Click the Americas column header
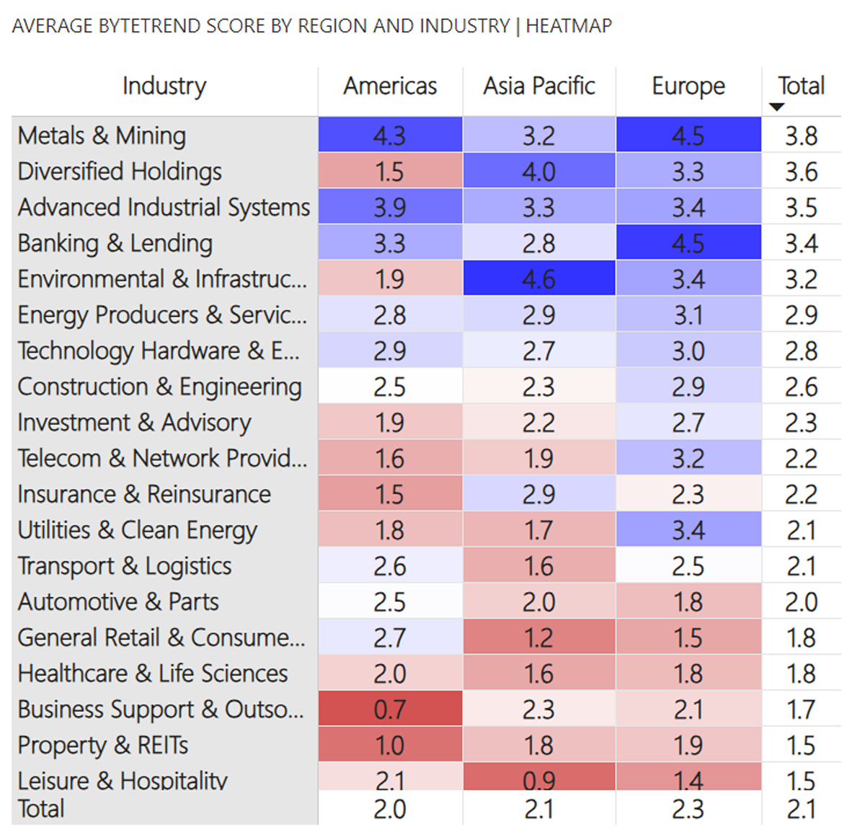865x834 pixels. (x=390, y=86)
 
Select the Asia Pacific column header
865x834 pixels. (x=539, y=86)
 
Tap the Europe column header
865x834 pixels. (x=688, y=86)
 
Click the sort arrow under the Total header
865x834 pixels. (x=776, y=107)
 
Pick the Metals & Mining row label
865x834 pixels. (x=102, y=135)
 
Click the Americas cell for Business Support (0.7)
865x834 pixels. (x=390, y=709)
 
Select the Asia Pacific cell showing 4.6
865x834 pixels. (x=539, y=279)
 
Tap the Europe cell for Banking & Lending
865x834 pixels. (x=688, y=243)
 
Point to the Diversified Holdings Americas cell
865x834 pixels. (x=390, y=171)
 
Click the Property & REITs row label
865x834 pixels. (x=103, y=745)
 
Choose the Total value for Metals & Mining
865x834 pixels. (x=801, y=135)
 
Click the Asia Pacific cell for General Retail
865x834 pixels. (x=539, y=637)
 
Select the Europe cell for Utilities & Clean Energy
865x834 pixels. (x=688, y=530)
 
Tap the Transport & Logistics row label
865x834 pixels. (x=125, y=566)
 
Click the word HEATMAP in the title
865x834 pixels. (x=569, y=26)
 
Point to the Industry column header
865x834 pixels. (x=164, y=86)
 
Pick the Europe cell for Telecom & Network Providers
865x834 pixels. (x=688, y=458)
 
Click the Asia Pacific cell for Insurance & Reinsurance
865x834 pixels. (x=539, y=494)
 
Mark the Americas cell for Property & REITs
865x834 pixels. (x=390, y=745)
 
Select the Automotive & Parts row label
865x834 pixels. (x=118, y=602)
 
